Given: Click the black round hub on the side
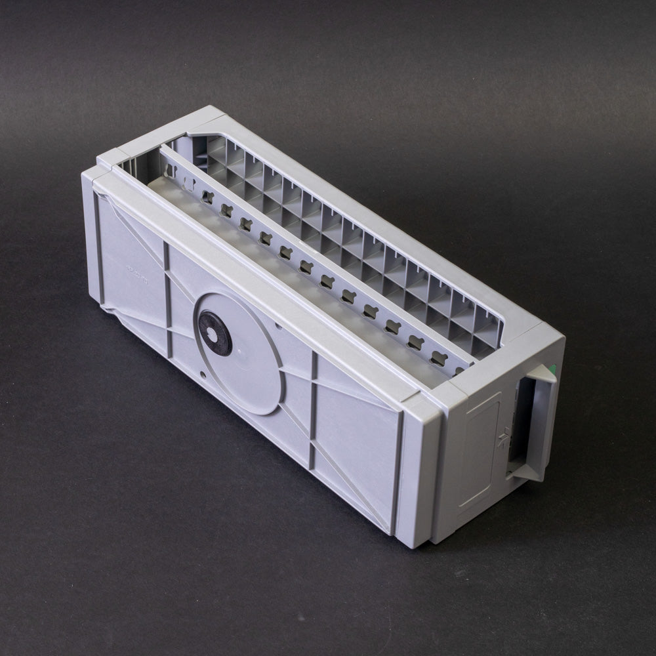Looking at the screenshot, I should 215,333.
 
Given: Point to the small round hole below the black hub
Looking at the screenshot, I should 203,375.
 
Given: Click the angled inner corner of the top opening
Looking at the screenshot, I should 197,138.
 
